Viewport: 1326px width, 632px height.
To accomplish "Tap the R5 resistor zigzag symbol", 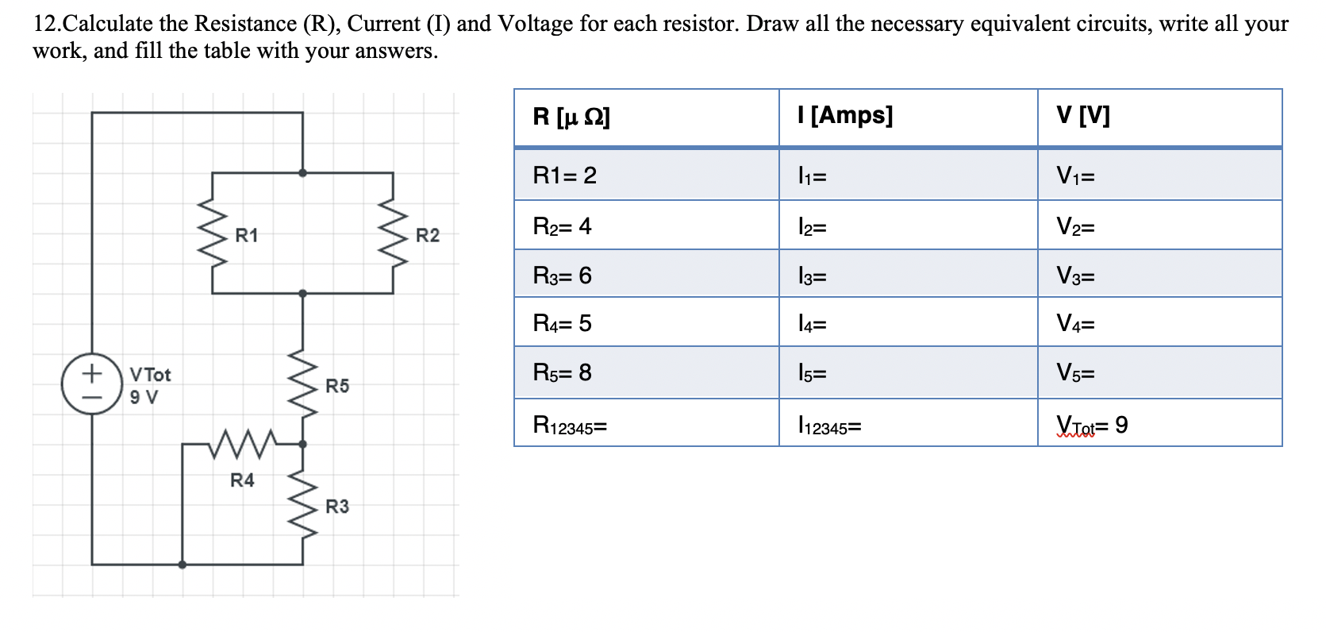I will click(302, 384).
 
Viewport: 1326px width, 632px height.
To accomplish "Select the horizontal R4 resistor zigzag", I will click(242, 444).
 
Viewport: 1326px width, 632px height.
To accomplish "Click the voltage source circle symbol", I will click(92, 384).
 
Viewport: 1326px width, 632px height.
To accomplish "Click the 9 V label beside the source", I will click(144, 397).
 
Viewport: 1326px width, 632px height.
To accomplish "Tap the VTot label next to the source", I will click(150, 374).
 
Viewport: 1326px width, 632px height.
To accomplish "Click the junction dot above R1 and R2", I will click(302, 172).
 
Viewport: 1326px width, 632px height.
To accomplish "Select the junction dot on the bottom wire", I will click(183, 565).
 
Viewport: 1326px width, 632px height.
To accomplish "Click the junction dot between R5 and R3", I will click(302, 444).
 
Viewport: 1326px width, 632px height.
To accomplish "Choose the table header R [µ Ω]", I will click(571, 117).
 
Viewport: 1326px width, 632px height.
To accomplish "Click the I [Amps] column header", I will click(845, 116).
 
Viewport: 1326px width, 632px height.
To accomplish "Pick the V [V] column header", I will click(1082, 116).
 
